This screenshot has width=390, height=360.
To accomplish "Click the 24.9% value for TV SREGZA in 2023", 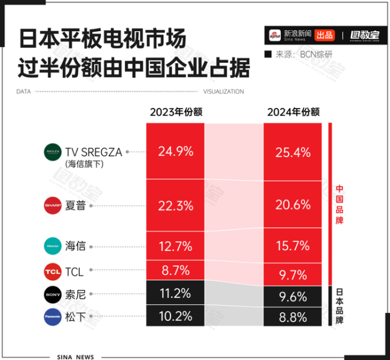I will [x=175, y=152].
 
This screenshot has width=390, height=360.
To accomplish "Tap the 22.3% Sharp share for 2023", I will [x=175, y=206].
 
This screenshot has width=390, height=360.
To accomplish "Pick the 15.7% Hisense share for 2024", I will [x=292, y=246].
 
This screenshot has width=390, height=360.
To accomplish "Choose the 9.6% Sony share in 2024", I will [x=292, y=296].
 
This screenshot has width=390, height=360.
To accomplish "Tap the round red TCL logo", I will [x=53, y=272].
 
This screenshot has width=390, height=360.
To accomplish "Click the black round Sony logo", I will [x=53, y=295].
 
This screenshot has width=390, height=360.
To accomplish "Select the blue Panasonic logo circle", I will [x=53, y=317].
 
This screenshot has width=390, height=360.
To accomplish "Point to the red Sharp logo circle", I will [x=53, y=206].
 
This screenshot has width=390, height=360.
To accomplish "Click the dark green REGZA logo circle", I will [x=53, y=152].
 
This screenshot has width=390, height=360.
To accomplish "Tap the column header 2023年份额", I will [x=175, y=112].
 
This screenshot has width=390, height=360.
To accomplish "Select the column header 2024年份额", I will [x=293, y=112].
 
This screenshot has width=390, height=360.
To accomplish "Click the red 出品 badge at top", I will [x=325, y=35].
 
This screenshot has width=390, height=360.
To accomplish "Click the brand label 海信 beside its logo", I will [x=77, y=246].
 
